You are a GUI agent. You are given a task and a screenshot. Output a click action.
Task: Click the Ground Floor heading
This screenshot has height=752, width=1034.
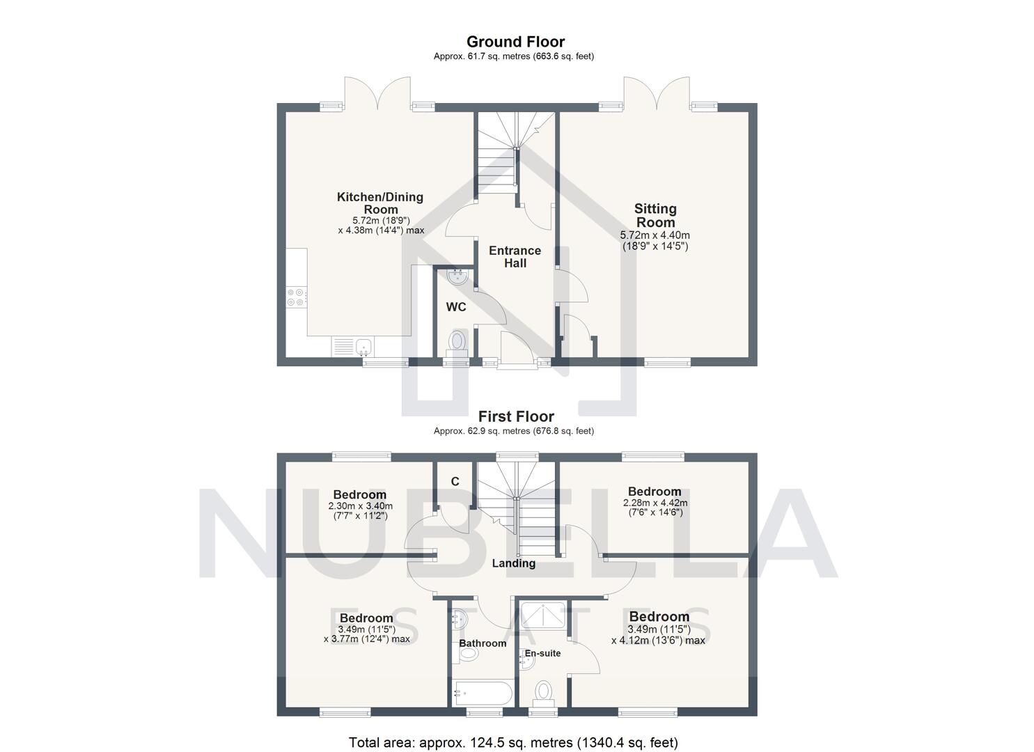[x=515, y=42]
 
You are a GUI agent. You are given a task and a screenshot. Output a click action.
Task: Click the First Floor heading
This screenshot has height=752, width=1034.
[x=515, y=416]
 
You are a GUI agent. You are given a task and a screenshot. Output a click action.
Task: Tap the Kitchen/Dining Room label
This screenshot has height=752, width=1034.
[x=380, y=203]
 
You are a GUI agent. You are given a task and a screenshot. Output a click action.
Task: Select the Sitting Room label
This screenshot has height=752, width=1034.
[x=655, y=215]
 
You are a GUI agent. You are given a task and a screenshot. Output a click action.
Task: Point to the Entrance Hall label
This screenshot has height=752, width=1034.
[x=515, y=256]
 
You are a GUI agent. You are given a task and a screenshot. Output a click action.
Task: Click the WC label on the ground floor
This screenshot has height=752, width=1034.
[x=456, y=307]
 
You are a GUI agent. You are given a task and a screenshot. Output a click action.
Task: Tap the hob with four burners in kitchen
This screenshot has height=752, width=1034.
[x=295, y=297]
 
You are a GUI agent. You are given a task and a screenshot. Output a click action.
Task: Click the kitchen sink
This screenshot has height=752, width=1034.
[x=362, y=345]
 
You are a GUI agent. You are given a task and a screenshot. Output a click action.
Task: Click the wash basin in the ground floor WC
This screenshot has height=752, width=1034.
[x=457, y=277]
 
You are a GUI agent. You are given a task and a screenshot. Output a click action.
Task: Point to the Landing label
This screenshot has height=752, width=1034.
[x=514, y=563]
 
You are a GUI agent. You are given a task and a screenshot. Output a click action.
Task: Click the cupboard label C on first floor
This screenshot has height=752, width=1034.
[x=455, y=481]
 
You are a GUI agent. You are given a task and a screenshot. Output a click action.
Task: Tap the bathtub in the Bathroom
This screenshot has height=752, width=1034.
[x=483, y=693]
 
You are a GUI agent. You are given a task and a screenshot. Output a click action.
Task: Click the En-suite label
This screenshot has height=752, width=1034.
[x=542, y=653]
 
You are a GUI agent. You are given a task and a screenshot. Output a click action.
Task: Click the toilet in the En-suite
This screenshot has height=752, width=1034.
[x=543, y=692]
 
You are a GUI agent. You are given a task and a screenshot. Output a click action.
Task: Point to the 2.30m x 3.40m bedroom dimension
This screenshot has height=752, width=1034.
[x=360, y=510]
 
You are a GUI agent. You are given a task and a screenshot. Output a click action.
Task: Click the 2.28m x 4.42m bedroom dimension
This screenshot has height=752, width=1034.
[x=655, y=508]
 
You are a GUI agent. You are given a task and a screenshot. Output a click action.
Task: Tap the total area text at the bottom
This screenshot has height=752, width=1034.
[x=513, y=742]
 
